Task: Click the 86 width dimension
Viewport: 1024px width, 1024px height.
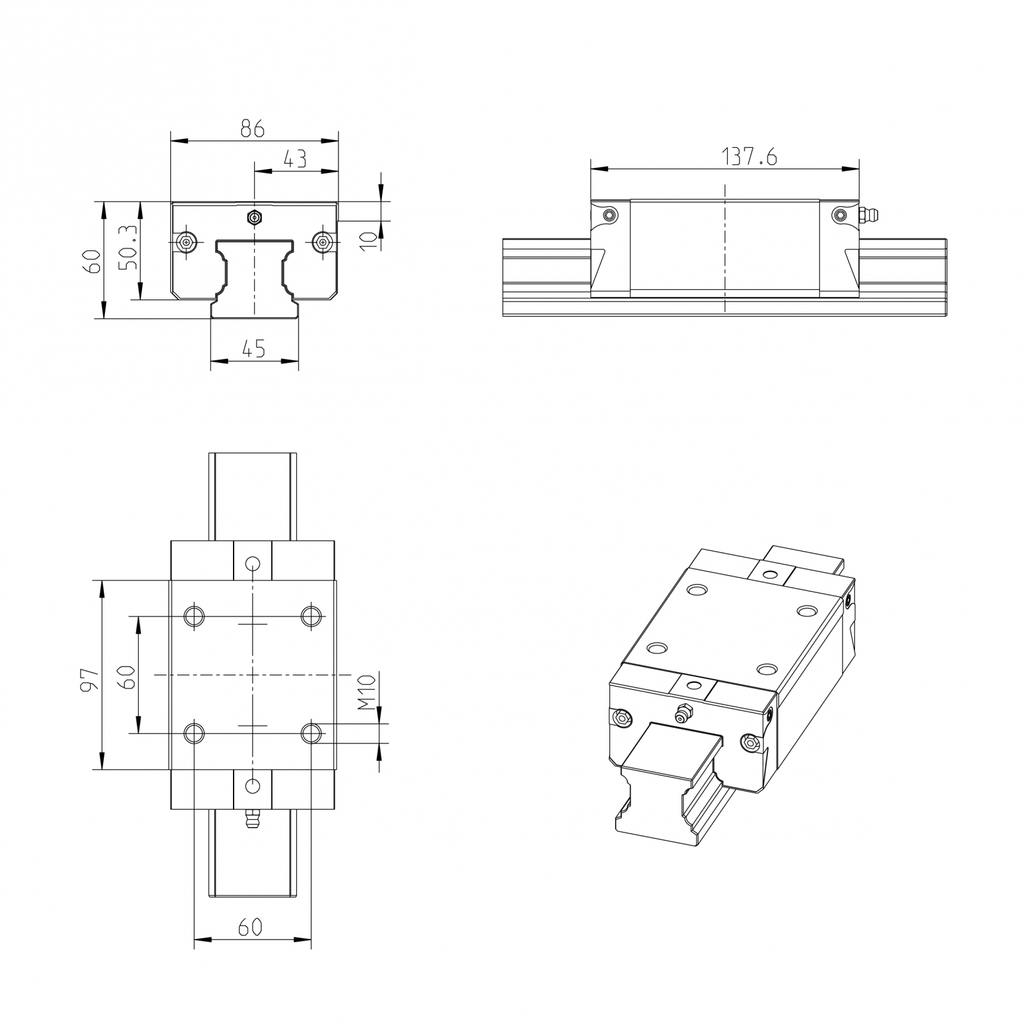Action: pyautogui.click(x=252, y=129)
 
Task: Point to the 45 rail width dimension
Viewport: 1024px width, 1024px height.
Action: pyautogui.click(x=253, y=349)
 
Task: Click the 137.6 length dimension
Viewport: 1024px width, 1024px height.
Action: pyautogui.click(x=749, y=156)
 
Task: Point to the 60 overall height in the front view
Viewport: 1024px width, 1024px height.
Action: pyautogui.click(x=93, y=261)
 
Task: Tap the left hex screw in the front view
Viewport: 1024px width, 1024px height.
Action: pyautogui.click(x=186, y=241)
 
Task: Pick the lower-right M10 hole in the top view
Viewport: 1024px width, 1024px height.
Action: pyautogui.click(x=311, y=733)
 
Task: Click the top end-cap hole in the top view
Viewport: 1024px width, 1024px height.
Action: pyautogui.click(x=253, y=564)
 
